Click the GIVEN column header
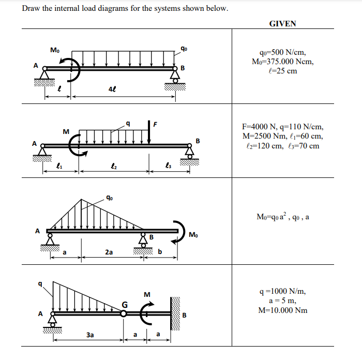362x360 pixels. coord(282,23)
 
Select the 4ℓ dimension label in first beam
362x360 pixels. coord(112,89)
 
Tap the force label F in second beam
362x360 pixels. coord(155,123)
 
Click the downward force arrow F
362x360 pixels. coord(149,132)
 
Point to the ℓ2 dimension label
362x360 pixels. coord(113,166)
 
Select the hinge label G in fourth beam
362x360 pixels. coord(125,303)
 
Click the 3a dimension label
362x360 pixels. coord(90,335)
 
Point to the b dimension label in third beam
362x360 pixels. coord(160,252)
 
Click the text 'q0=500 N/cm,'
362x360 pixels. coord(282,52)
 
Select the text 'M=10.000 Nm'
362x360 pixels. coord(282,310)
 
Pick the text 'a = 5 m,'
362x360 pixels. coord(282,301)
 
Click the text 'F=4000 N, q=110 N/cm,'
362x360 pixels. coord(282,127)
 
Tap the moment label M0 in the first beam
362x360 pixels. coord(55,50)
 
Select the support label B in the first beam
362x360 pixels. coord(183,68)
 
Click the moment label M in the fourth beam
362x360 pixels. coord(147,295)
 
